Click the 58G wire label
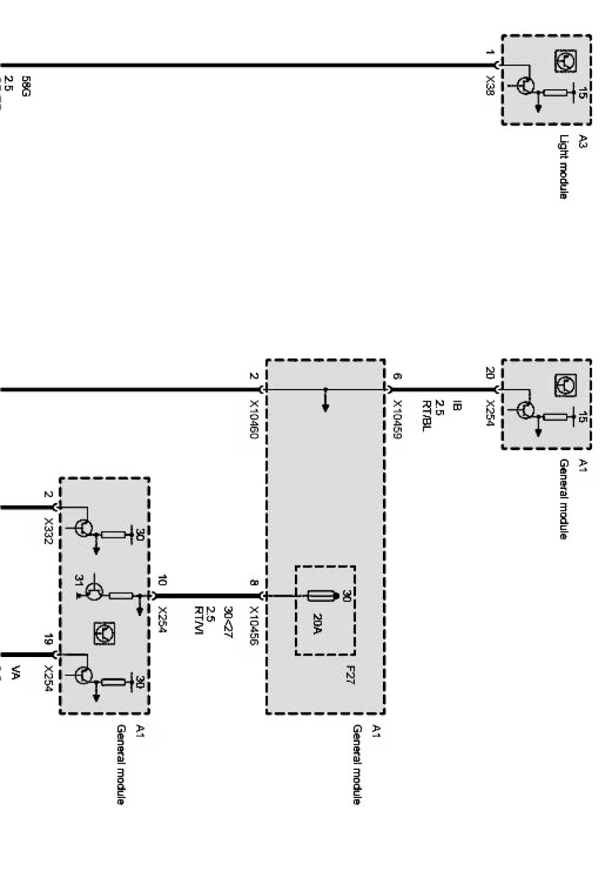26,87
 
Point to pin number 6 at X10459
396,377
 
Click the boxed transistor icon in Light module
565,61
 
